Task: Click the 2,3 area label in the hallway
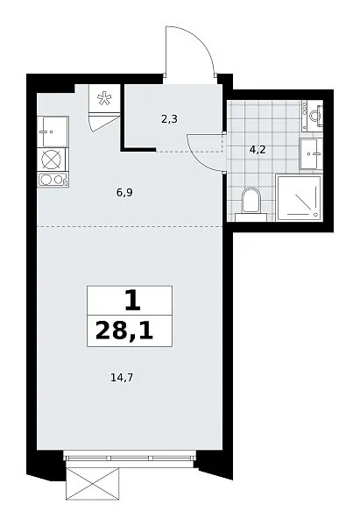169,119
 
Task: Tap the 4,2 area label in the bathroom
258,149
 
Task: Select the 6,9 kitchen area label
124,193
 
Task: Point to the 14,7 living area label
122,378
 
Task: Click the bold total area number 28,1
124,331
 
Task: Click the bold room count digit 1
132,301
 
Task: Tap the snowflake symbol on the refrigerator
104,98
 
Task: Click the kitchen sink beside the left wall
53,131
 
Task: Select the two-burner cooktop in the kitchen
53,180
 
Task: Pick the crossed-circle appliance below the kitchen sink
52,160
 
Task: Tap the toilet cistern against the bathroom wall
251,217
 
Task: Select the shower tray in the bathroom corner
299,197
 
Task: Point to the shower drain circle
315,214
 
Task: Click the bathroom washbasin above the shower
311,154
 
